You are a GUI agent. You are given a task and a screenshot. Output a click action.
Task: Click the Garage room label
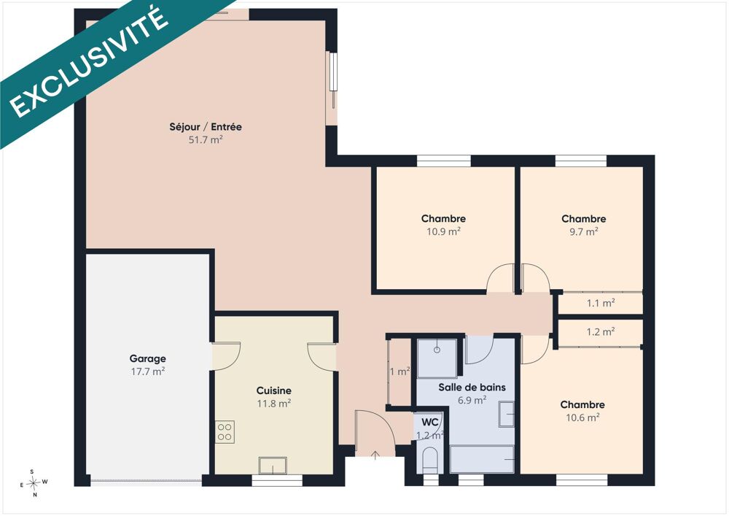pos(147,359)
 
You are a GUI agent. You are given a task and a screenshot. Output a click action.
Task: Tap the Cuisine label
pos(274,391)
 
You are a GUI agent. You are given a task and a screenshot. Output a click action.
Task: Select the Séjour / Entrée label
pos(206,126)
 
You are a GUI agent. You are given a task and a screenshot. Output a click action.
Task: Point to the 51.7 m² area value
pos(206,139)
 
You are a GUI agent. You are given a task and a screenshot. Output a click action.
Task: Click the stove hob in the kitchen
pos(225,432)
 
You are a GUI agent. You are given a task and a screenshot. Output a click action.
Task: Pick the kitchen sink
pos(273,466)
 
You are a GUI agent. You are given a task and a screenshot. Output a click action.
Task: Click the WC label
pos(430,423)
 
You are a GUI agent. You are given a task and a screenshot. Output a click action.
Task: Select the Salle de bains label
pos(472,387)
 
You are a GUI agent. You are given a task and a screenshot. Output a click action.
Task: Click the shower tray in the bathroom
pos(437,358)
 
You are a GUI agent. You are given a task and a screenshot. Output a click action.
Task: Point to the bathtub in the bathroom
pos(482,460)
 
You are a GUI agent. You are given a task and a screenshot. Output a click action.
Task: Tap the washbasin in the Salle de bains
pos(507,414)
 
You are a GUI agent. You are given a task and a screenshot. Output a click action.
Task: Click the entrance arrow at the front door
pos(375,455)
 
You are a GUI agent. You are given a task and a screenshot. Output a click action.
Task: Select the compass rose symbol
pos(34,483)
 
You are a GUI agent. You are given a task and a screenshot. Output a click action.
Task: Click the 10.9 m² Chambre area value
pos(443,231)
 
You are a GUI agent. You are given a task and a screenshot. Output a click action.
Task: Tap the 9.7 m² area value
pos(584,231)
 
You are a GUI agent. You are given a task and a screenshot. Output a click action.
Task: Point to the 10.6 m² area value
pos(582,417)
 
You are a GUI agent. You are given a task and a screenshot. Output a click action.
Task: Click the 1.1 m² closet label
pos(601,304)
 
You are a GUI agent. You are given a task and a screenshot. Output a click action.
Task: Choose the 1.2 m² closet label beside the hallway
pos(601,332)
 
